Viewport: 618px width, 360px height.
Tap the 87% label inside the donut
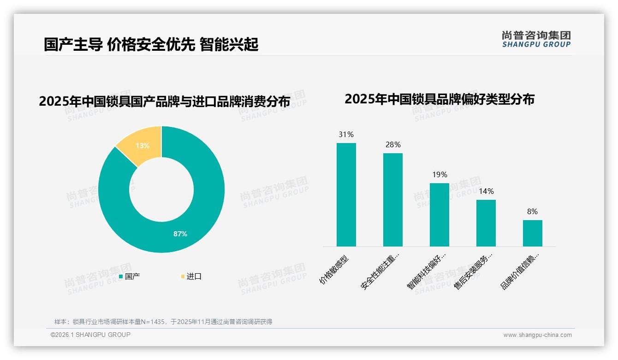180,234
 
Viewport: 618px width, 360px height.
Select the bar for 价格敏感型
346,195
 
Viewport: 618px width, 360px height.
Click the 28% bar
392,200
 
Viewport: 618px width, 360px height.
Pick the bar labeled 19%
439,215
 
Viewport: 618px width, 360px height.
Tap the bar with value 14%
486,223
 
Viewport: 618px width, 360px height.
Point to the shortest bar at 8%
532,233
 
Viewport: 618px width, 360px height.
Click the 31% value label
346,135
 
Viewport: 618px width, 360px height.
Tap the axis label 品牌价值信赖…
519,271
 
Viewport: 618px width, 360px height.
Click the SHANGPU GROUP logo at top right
536,39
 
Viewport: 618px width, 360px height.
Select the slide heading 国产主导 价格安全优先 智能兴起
151,45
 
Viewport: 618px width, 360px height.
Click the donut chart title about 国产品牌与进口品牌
165,102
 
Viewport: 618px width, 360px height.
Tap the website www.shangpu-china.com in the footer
537,335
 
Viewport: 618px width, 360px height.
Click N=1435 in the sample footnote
150,322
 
